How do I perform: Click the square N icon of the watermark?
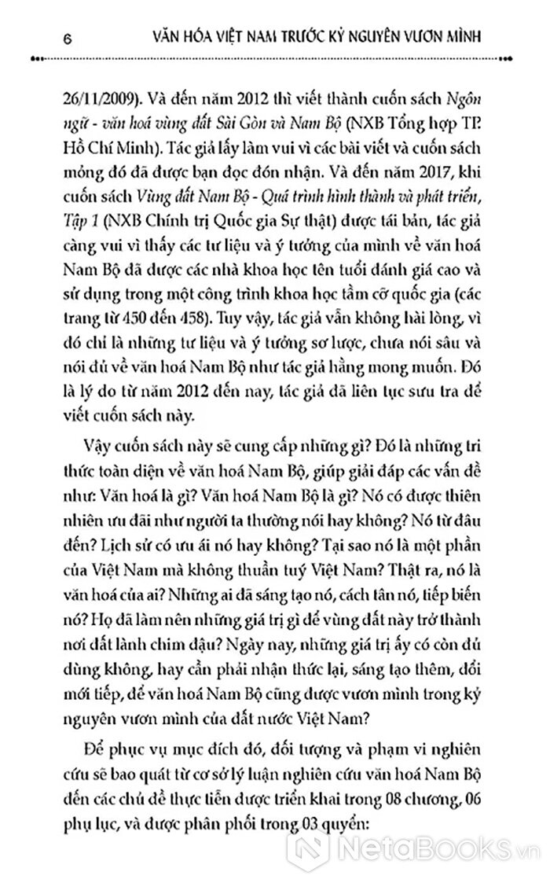coord(314,851)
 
